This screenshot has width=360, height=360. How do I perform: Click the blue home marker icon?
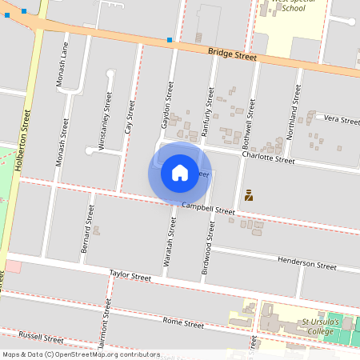click(180, 172)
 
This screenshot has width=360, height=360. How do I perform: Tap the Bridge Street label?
click(231, 56)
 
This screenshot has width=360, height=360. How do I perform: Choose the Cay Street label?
click(129, 116)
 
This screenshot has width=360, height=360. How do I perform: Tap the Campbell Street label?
click(208, 208)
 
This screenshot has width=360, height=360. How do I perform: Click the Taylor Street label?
click(130, 276)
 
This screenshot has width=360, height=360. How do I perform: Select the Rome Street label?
click(183, 323)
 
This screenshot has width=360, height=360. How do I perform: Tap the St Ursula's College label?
click(321, 326)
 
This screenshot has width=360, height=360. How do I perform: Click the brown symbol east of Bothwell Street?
click(249, 194)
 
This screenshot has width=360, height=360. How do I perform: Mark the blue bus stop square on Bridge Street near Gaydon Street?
click(170, 40)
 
